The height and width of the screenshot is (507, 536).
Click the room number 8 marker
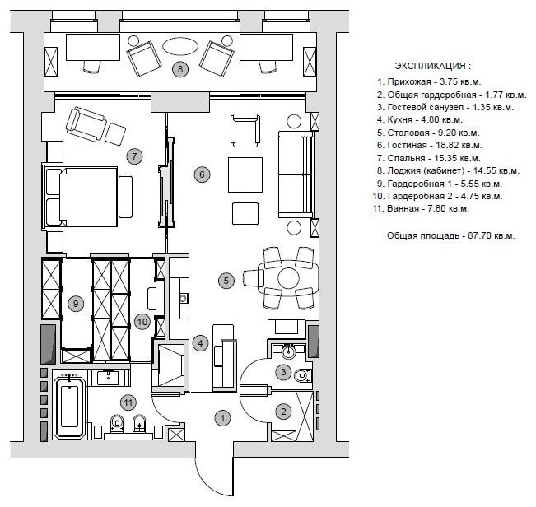(x=180, y=69)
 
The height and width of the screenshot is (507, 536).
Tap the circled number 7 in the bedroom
(x=134, y=156)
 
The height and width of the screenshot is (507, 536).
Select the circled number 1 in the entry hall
(x=223, y=418)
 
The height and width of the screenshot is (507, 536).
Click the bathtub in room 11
(x=70, y=407)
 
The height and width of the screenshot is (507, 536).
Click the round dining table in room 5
(x=289, y=277)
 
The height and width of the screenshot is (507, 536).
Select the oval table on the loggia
(x=180, y=46)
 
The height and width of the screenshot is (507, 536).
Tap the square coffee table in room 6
(x=245, y=174)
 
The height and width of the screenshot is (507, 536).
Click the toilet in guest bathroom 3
(x=302, y=375)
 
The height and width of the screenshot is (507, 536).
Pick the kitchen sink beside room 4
(x=184, y=298)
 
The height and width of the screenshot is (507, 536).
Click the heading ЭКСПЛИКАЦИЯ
(x=433, y=66)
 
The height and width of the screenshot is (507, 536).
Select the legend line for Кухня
(x=420, y=120)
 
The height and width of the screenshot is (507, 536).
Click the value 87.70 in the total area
(x=478, y=235)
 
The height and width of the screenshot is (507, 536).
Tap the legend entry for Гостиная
(x=430, y=145)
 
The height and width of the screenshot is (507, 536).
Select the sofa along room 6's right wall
(x=296, y=174)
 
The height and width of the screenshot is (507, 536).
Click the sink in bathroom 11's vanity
(x=109, y=378)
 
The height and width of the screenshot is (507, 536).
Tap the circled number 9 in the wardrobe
(x=76, y=304)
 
